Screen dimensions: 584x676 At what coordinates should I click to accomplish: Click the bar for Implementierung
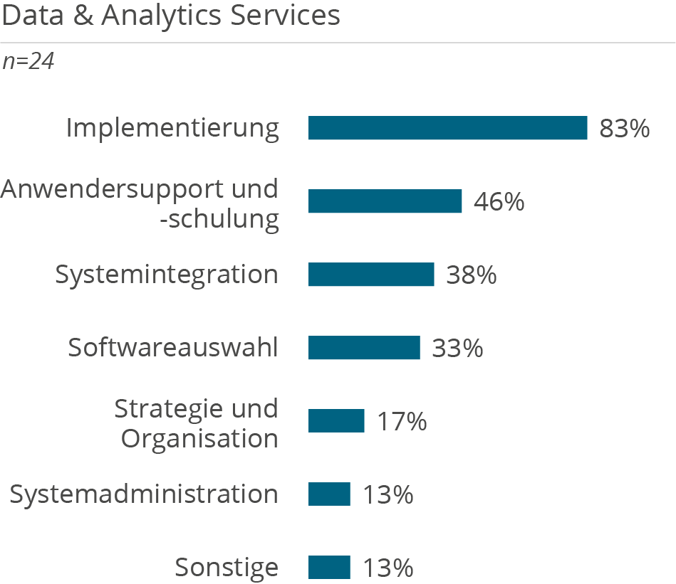point(447,128)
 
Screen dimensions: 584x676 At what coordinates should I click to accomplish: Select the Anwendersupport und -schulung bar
point(385,201)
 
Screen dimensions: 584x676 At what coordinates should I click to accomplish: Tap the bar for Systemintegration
point(371,275)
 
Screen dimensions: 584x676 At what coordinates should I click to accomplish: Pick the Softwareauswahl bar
point(364,348)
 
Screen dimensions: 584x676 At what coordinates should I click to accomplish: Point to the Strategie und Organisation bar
point(336,421)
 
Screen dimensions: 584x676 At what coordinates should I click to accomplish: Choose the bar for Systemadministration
point(329,494)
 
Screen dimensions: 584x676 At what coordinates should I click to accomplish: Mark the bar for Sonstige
point(329,568)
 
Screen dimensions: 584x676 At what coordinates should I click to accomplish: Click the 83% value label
point(624,129)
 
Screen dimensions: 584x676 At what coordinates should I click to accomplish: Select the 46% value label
point(499,202)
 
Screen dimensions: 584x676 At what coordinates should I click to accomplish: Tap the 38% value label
point(471,275)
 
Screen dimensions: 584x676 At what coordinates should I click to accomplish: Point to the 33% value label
point(457,349)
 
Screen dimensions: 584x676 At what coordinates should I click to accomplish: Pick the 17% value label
point(401,422)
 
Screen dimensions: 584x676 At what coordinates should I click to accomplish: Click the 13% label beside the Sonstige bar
point(388,568)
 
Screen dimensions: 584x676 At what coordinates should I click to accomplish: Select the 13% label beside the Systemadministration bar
point(388,495)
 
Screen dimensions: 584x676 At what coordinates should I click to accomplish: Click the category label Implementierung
point(172,129)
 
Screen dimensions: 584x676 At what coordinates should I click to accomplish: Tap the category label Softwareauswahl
point(173,348)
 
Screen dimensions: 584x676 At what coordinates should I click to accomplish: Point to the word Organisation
point(199,438)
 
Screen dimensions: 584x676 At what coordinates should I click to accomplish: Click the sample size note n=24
point(28,62)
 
